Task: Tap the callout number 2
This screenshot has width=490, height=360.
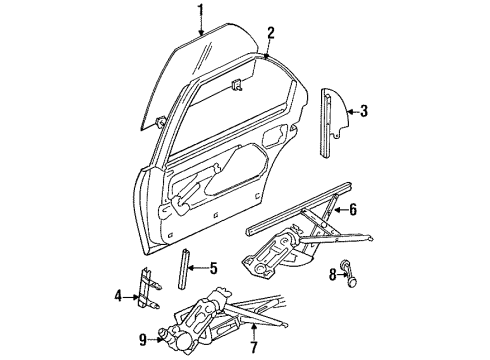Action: [271, 32]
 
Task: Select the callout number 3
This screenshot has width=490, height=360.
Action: [365, 111]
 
